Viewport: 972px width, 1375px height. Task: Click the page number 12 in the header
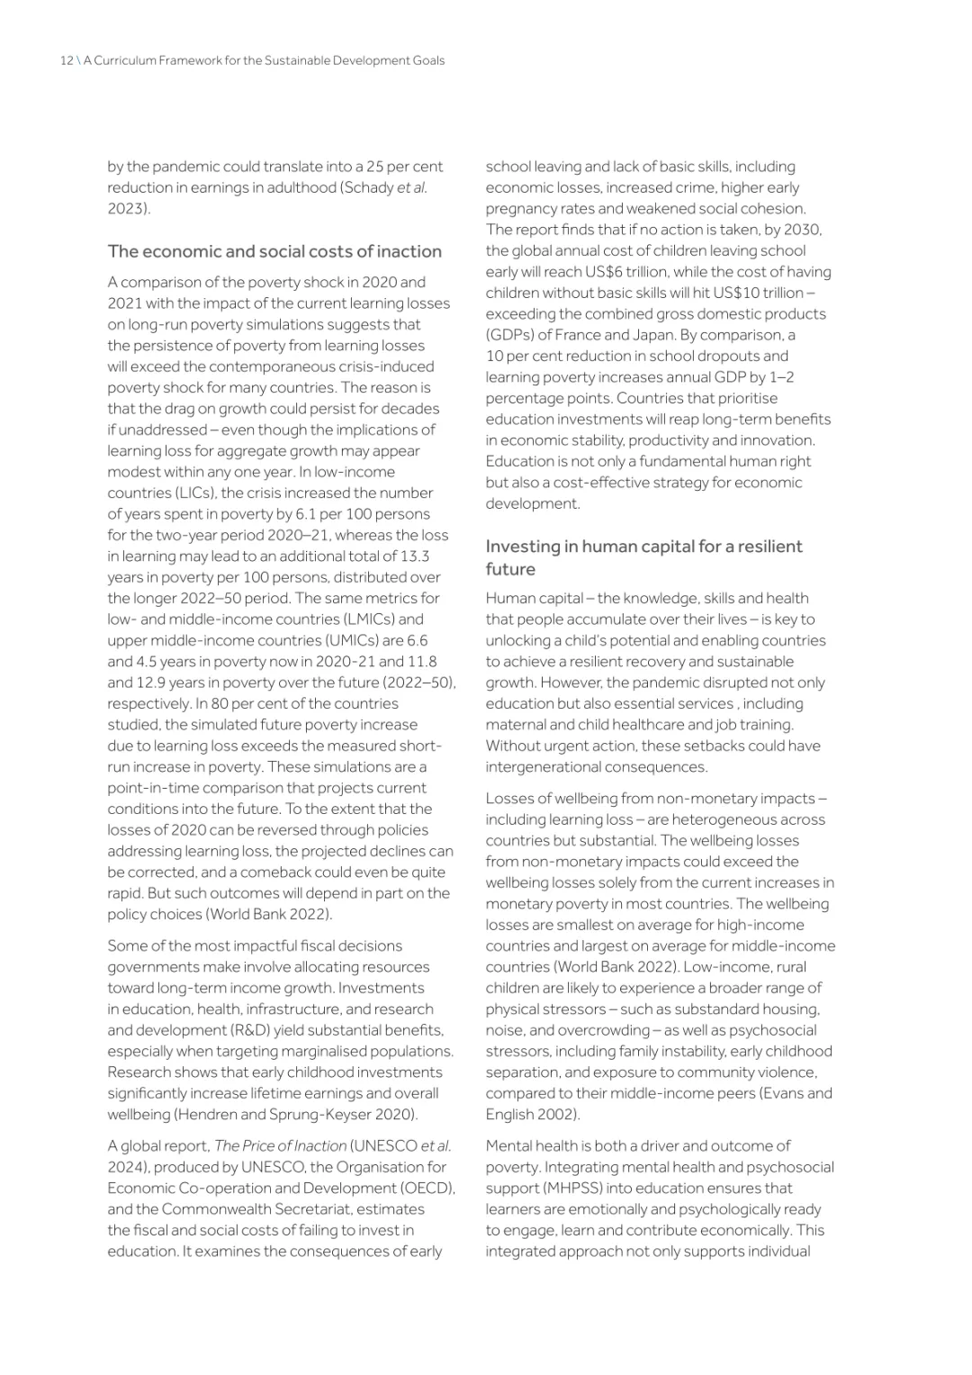point(66,60)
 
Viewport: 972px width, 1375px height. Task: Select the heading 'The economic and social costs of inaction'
point(274,251)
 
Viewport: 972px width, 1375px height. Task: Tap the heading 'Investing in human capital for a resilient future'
point(643,557)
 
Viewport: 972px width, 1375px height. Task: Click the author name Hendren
point(209,1115)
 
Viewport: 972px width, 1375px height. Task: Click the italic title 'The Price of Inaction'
point(280,1146)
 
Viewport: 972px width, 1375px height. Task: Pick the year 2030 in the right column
point(802,230)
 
